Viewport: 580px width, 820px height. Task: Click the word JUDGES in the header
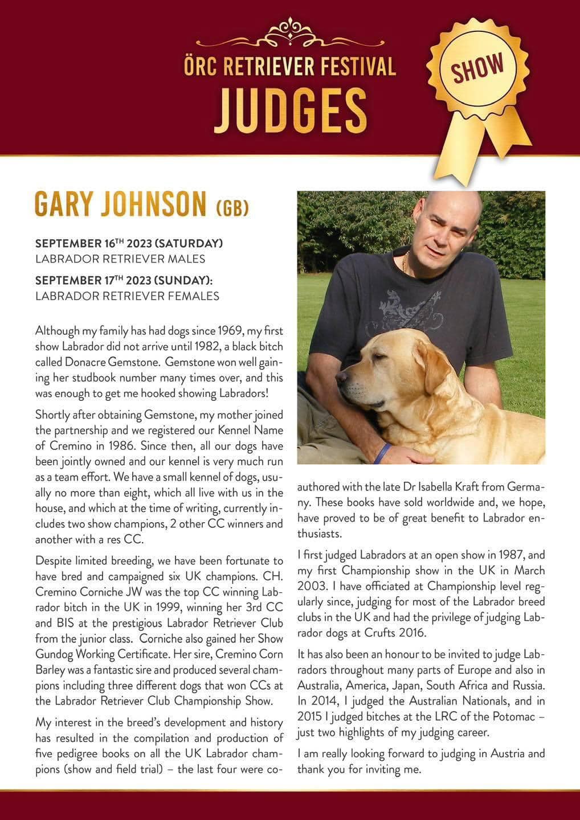pyautogui.click(x=291, y=110)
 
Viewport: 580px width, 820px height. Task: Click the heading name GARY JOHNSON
pyautogui.click(x=120, y=204)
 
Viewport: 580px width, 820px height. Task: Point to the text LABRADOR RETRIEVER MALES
pyautogui.click(x=120, y=259)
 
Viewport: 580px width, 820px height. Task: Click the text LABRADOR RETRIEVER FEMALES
pyautogui.click(x=127, y=296)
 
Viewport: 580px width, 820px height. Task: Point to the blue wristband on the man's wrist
pyautogui.click(x=383, y=452)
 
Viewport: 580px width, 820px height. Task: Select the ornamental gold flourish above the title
pyautogui.click(x=291, y=32)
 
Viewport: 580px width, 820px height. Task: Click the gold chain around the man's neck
pyautogui.click(x=406, y=263)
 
